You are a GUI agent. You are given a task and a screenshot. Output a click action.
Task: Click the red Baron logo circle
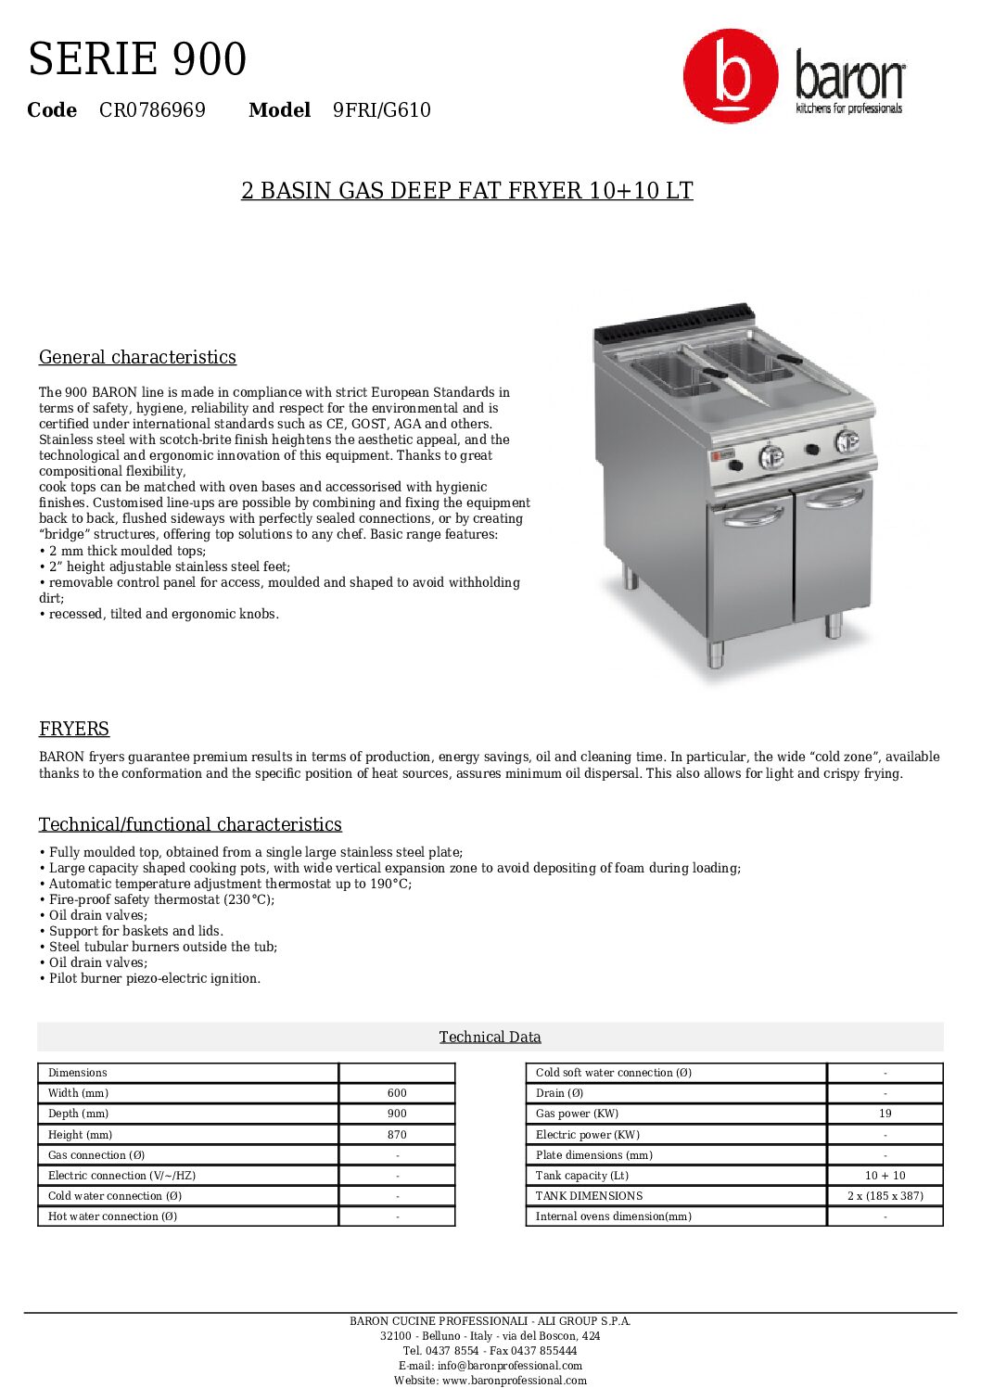pyautogui.click(x=731, y=76)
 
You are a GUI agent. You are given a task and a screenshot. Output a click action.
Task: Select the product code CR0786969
pyautogui.click(x=152, y=110)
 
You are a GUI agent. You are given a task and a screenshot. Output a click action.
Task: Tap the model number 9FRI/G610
pyautogui.click(x=382, y=110)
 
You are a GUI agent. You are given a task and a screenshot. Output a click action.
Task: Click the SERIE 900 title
pyautogui.click(x=137, y=59)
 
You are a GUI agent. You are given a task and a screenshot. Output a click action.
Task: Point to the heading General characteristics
pyautogui.click(x=137, y=357)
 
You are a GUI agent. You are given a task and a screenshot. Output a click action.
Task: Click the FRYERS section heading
pyautogui.click(x=74, y=729)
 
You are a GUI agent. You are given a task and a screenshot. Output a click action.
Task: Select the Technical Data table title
pyautogui.click(x=490, y=1037)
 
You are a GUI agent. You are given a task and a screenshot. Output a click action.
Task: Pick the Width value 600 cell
pyautogui.click(x=397, y=1093)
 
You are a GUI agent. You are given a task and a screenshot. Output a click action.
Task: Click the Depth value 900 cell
pyautogui.click(x=397, y=1114)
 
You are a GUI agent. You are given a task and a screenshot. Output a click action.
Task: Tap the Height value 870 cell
pyautogui.click(x=397, y=1134)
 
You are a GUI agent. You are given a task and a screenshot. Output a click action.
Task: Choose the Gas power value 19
pyautogui.click(x=885, y=1114)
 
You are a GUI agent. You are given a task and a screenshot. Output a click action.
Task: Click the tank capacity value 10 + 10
pyautogui.click(x=885, y=1176)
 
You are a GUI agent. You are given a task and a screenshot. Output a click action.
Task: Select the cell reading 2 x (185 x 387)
pyautogui.click(x=885, y=1196)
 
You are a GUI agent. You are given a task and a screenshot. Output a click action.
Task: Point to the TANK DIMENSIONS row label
pyautogui.click(x=589, y=1196)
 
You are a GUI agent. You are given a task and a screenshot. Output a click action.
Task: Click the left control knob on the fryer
pyautogui.click(x=771, y=456)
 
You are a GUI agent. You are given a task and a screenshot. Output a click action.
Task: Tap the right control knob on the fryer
pyautogui.click(x=846, y=441)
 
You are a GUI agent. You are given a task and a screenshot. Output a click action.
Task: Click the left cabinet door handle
pyautogui.click(x=753, y=516)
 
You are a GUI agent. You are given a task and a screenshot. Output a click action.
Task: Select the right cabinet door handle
pyautogui.click(x=833, y=499)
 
